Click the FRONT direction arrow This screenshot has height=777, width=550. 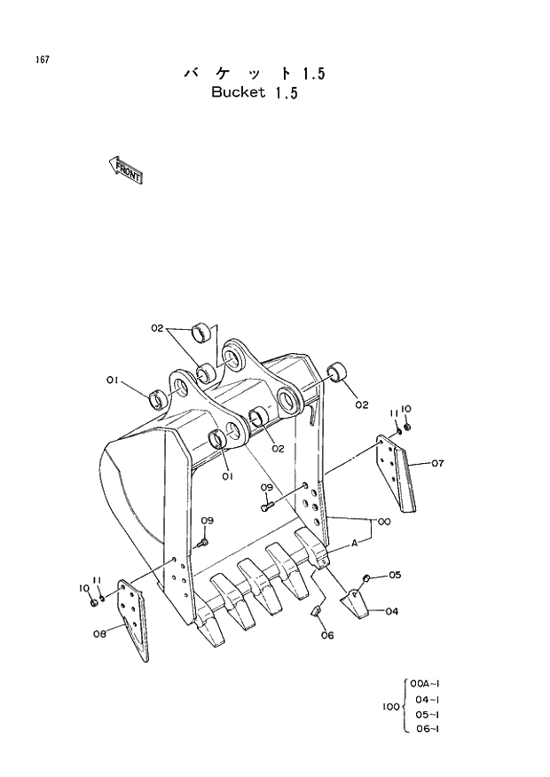click(125, 169)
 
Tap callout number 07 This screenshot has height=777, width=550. click(438, 463)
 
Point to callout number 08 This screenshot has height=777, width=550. click(99, 633)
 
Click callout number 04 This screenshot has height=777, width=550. click(391, 610)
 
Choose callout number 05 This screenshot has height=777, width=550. click(395, 575)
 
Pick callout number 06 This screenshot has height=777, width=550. click(326, 634)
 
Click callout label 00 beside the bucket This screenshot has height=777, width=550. click(383, 521)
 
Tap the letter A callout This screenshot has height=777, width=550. click(355, 542)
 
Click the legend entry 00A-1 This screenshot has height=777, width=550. click(427, 684)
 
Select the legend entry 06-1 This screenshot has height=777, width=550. click(427, 729)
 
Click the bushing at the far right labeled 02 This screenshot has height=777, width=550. click(337, 372)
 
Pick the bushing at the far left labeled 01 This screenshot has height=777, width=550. click(158, 398)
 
